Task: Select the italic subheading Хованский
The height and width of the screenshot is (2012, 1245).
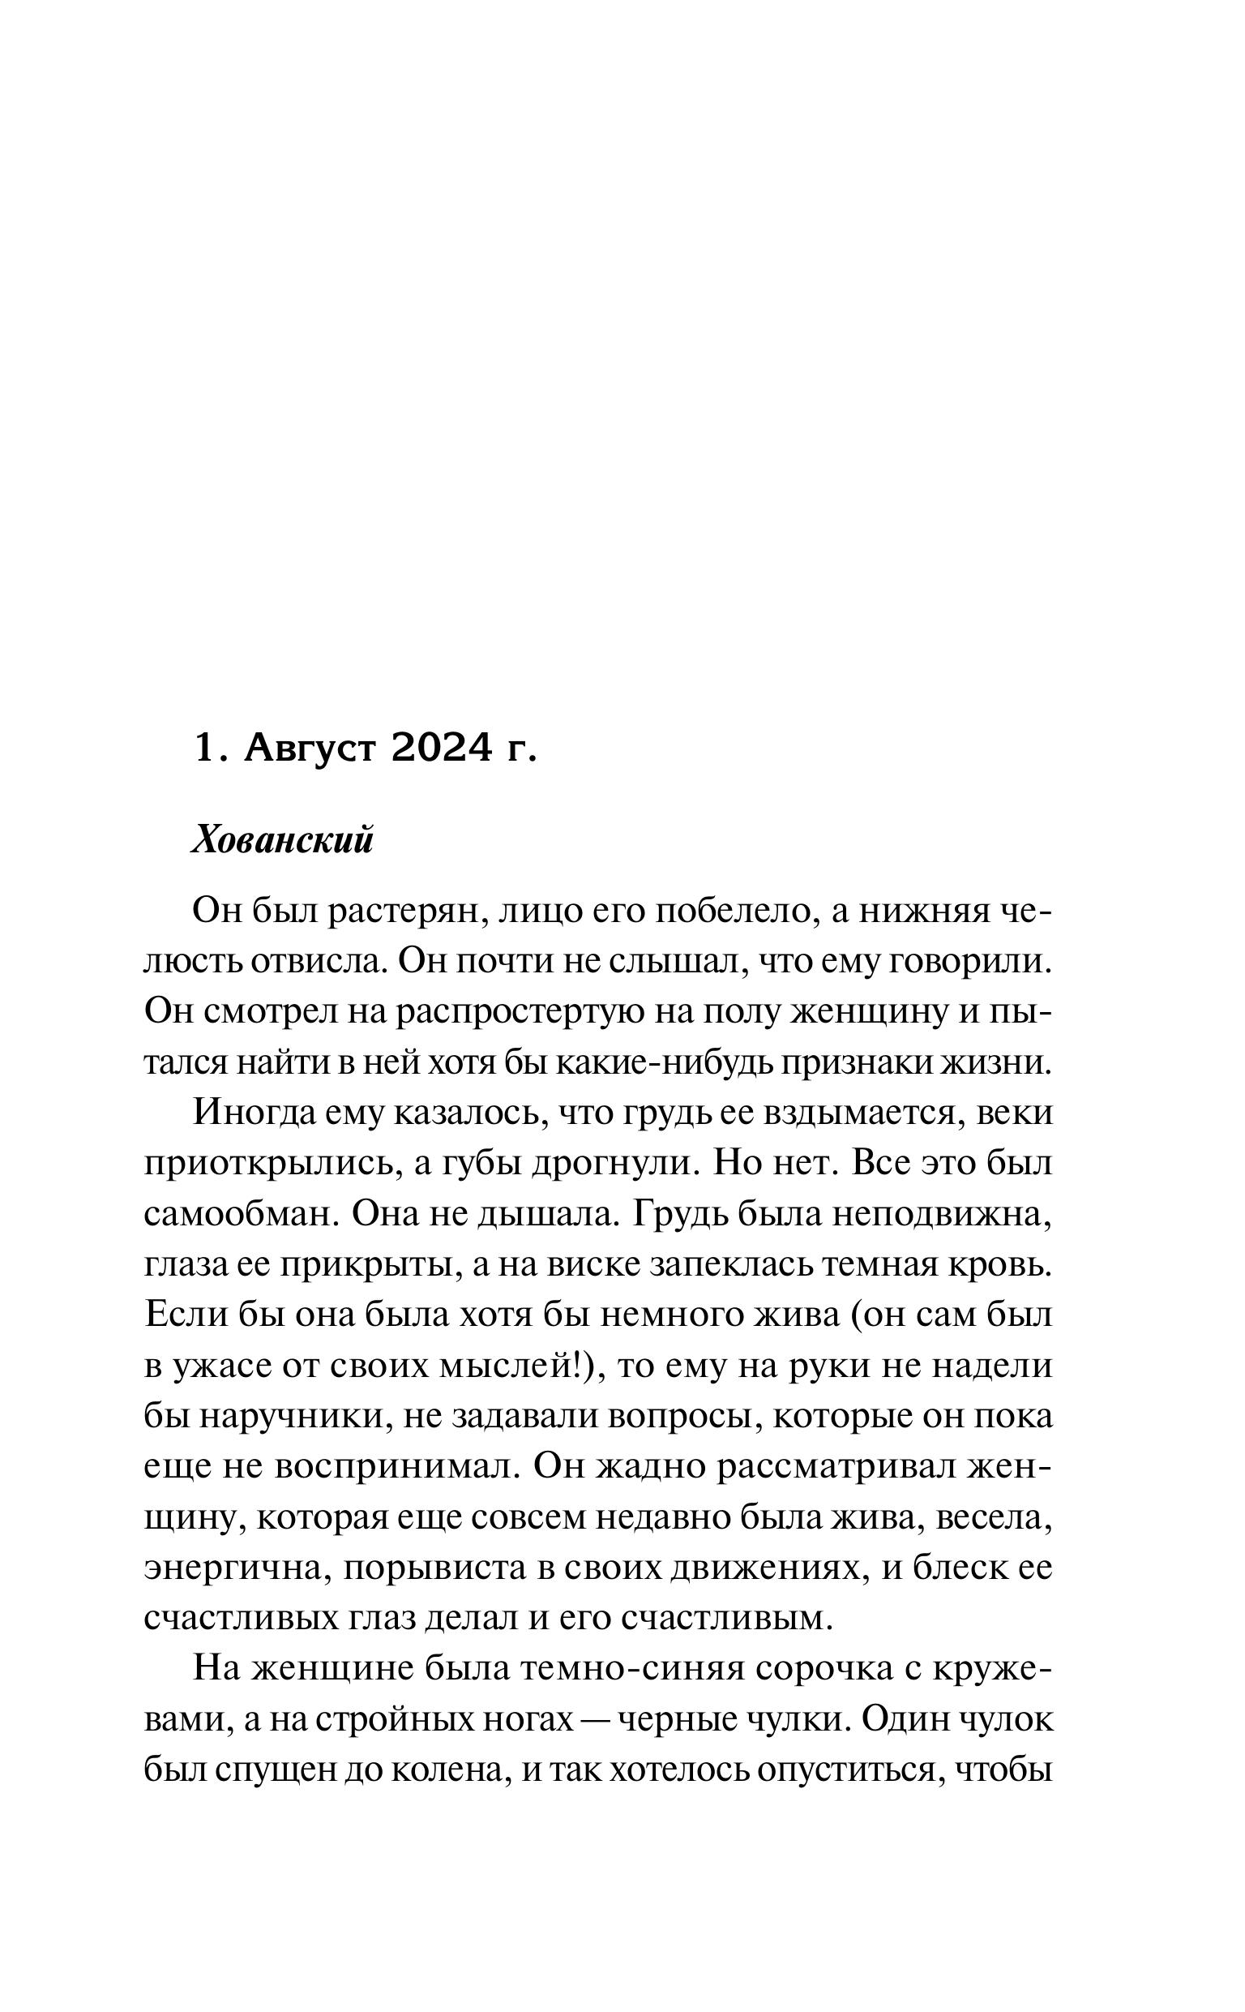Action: point(282,842)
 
